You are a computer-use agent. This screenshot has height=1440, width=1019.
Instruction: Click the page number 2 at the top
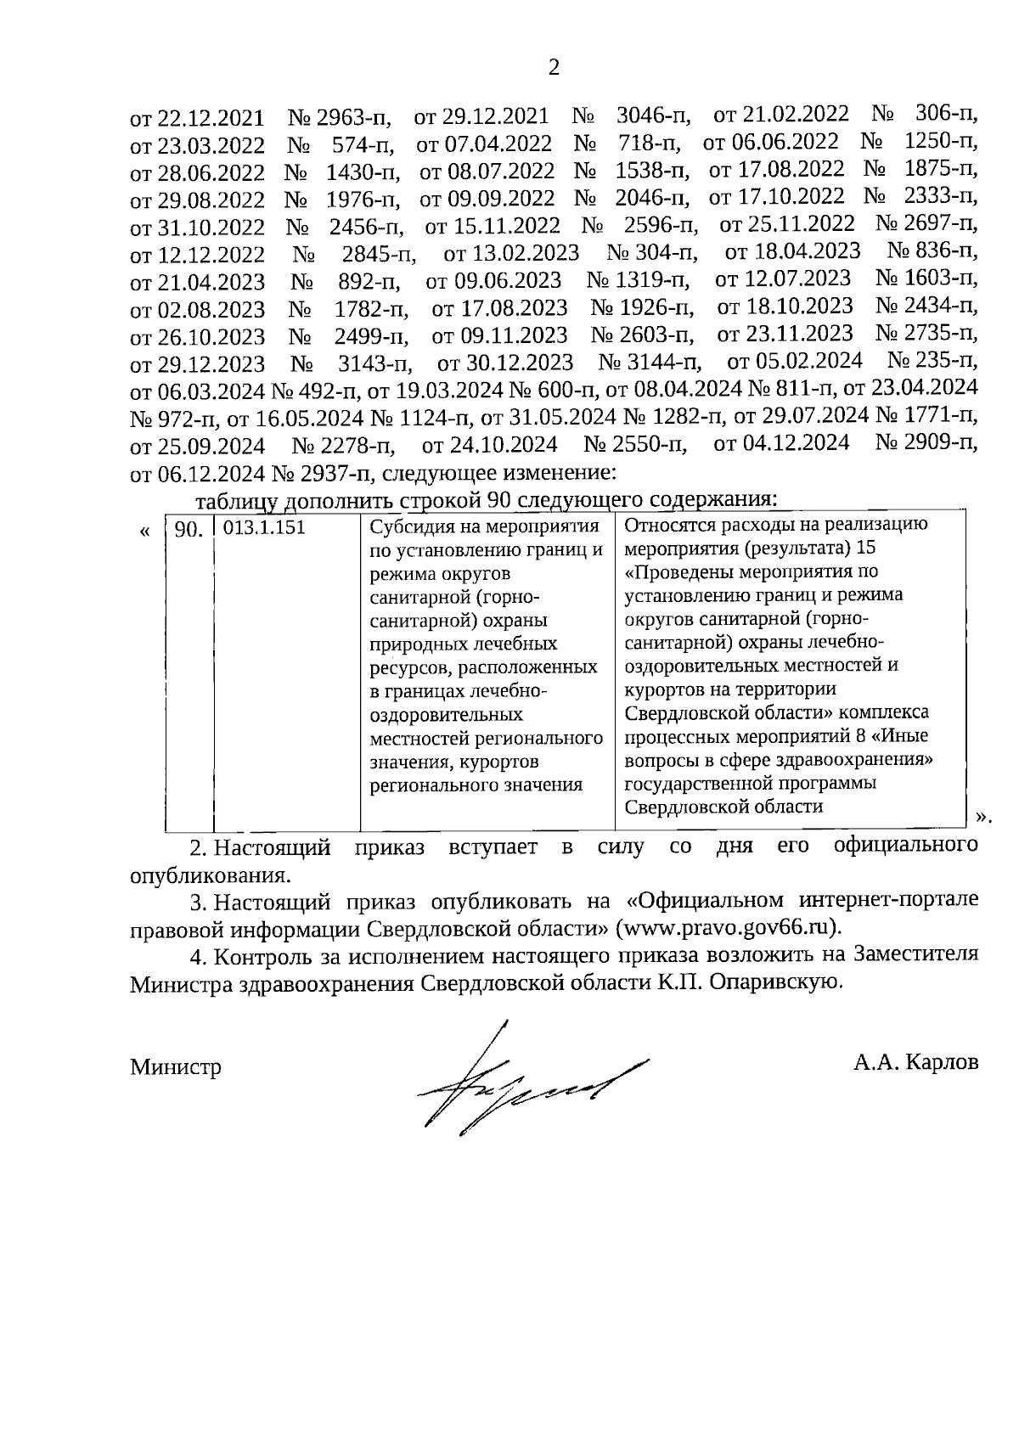coord(554,68)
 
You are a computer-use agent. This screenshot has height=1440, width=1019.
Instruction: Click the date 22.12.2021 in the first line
coord(210,118)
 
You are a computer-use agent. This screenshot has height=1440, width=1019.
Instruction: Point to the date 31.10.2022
coord(211,228)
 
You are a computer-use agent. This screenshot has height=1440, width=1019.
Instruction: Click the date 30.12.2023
coord(519,363)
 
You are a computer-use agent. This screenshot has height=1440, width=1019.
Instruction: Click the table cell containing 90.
coord(189,530)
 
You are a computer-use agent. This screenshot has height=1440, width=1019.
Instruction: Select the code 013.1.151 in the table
coord(264,527)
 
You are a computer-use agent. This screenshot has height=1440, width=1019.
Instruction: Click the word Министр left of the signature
coord(176,1066)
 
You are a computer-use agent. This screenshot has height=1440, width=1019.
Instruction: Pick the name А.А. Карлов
coord(916,1061)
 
